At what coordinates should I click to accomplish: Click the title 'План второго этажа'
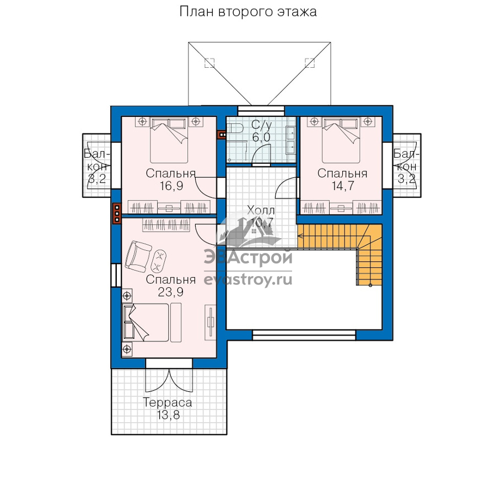tap(248, 12)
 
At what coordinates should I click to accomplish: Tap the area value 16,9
tap(171, 186)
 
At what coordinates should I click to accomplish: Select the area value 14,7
tap(343, 186)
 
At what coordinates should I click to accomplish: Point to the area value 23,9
tap(171, 292)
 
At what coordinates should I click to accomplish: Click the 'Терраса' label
tap(168, 403)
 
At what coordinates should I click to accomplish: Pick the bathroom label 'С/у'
tap(261, 125)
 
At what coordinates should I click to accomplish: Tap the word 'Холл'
tap(261, 211)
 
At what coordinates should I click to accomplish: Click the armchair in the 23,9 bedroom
tap(138, 256)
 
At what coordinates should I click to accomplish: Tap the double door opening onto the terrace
tap(169, 380)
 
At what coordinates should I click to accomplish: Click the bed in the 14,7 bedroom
tap(341, 140)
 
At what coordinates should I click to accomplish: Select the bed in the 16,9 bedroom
tap(169, 140)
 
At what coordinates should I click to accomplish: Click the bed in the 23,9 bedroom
tap(146, 322)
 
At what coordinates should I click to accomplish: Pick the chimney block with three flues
tap(117, 213)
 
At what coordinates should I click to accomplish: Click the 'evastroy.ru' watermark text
tap(248, 279)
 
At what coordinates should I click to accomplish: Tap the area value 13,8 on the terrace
tap(168, 414)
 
